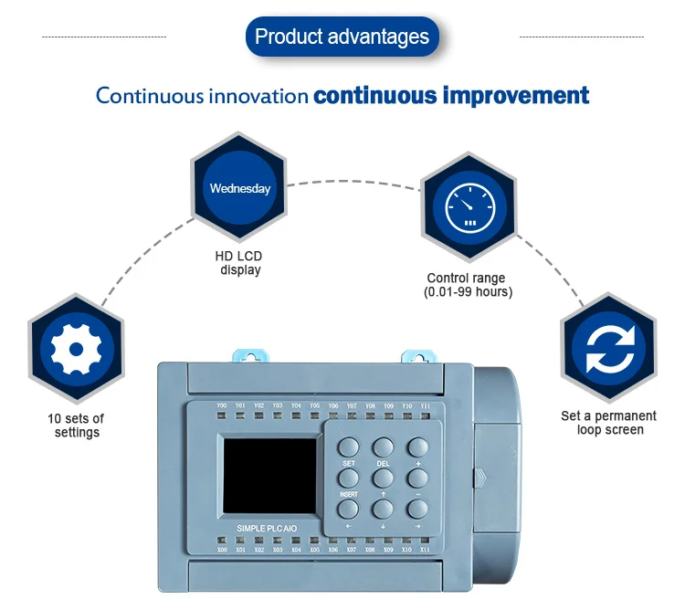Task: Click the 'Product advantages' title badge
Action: [342, 37]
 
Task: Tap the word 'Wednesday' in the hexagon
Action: [240, 189]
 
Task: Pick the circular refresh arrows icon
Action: [607, 349]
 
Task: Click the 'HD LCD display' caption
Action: [240, 263]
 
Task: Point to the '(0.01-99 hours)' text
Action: [468, 292]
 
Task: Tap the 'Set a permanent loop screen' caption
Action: [608, 423]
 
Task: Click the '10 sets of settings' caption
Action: [76, 426]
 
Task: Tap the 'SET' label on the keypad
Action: [348, 464]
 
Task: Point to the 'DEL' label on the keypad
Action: [383, 464]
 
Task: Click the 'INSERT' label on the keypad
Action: [348, 494]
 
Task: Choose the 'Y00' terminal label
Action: [222, 405]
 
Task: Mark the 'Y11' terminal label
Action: [426, 405]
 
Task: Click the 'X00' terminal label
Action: [222, 550]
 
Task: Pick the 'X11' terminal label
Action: [426, 550]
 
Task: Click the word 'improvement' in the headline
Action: [517, 95]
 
